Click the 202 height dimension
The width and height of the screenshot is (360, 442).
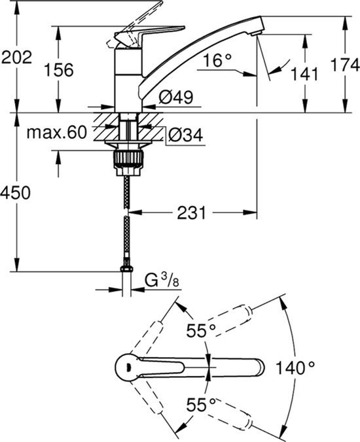tap(16, 58)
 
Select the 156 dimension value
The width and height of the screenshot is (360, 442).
tap(59, 69)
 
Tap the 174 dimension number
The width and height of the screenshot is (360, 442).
tap(345, 65)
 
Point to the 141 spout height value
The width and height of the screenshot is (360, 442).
tap(304, 74)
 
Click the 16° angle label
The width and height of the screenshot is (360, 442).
tap(217, 60)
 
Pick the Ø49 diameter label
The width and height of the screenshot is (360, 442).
tap(176, 97)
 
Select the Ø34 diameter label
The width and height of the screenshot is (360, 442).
tap(186, 135)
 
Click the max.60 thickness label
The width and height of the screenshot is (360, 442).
tap(57, 132)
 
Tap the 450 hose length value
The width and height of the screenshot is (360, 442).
tap(15, 193)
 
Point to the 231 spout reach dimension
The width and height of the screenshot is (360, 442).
tap(192, 212)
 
